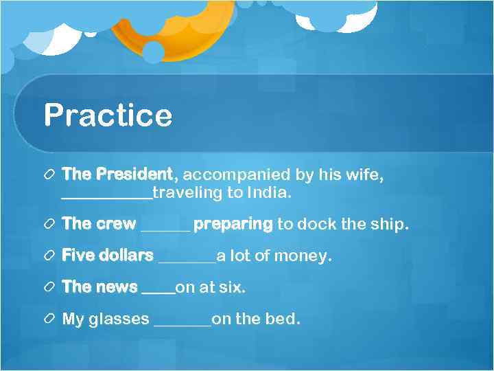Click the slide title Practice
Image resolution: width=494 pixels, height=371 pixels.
pyautogui.click(x=108, y=115)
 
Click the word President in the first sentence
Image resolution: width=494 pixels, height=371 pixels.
pyautogui.click(x=134, y=175)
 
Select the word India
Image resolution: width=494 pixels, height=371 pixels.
pyautogui.click(x=270, y=193)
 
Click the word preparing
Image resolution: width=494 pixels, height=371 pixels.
pyautogui.click(x=233, y=225)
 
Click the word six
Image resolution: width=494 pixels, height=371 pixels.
pyautogui.click(x=231, y=287)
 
